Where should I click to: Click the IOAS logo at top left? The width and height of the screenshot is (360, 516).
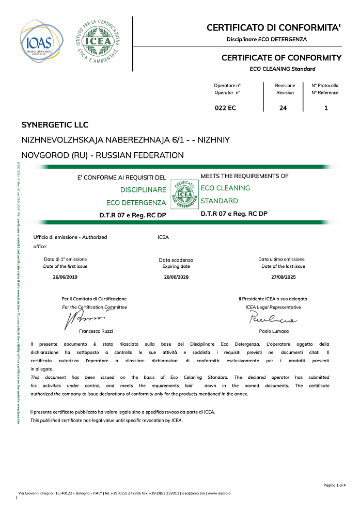pyautogui.click(x=42, y=41)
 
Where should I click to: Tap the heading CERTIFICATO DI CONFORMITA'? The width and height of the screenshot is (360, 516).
pyautogui.click(x=274, y=27)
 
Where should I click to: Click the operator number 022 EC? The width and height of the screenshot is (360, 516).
pyautogui.click(x=225, y=108)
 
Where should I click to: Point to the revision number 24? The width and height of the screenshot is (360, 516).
pyautogui.click(x=283, y=108)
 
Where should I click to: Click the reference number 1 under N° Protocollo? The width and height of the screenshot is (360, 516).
pyautogui.click(x=325, y=108)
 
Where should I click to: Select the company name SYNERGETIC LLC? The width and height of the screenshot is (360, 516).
pyautogui.click(x=55, y=125)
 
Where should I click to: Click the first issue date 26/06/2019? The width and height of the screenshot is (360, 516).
pyautogui.click(x=65, y=277)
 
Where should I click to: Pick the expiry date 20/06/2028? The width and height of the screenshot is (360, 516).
pyautogui.click(x=176, y=277)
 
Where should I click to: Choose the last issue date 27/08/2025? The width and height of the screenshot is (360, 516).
pyautogui.click(x=284, y=277)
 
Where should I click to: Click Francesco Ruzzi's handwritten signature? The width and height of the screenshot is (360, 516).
pyautogui.click(x=83, y=318)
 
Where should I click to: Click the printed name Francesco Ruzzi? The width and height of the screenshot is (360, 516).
pyautogui.click(x=96, y=331)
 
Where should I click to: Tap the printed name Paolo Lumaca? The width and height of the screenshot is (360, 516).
pyautogui.click(x=274, y=331)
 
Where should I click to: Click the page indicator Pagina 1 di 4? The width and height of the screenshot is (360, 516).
pyautogui.click(x=334, y=485)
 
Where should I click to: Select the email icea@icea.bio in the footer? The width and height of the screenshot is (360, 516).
pyautogui.click(x=192, y=493)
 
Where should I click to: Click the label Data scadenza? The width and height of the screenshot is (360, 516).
pyautogui.click(x=176, y=260)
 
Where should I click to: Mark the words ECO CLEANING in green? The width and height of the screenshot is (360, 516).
pyautogui.click(x=225, y=188)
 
